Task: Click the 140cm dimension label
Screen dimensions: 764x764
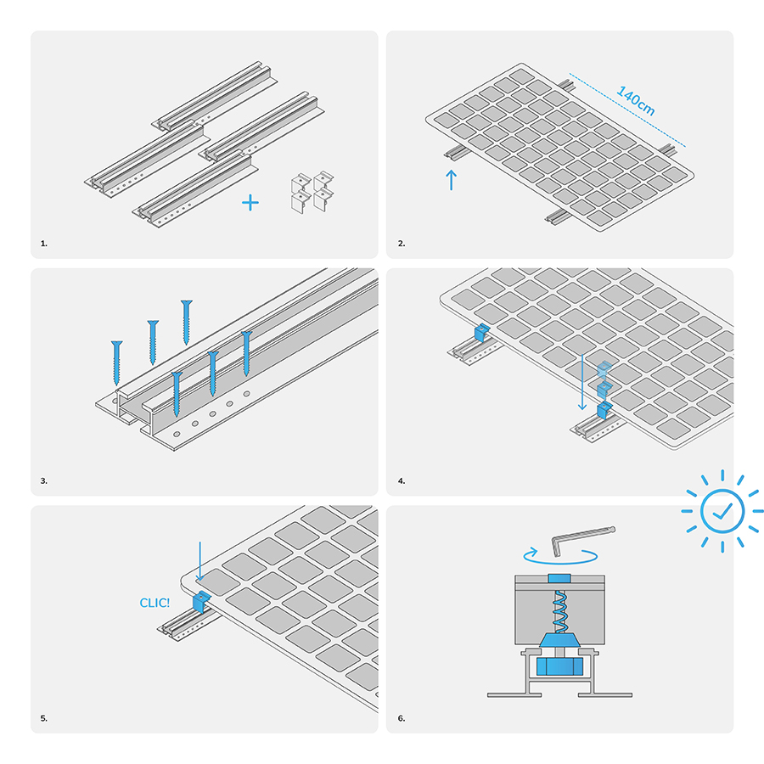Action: pos(636,101)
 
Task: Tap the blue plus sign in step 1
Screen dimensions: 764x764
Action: pos(250,203)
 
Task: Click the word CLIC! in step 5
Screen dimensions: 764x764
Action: pos(154,604)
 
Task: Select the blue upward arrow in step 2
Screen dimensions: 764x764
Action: pos(452,180)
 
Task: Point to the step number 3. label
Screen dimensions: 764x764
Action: pos(44,481)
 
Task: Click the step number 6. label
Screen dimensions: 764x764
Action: pos(402,718)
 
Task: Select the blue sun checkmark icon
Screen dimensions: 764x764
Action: pos(722,511)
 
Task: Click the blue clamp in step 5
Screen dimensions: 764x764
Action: pos(200,601)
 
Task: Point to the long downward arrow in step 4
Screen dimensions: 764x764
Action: pos(581,382)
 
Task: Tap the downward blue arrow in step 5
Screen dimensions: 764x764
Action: pos(199,561)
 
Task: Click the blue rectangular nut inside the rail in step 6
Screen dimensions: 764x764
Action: pos(559,666)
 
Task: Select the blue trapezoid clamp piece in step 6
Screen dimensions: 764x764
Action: pos(559,640)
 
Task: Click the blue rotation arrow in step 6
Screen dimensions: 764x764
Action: pos(560,557)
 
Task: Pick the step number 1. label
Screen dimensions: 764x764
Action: pos(44,244)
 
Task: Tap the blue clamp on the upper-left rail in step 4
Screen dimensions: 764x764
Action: pos(481,332)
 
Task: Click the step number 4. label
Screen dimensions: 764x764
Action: pos(402,481)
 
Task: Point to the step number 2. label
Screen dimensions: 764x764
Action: pos(402,244)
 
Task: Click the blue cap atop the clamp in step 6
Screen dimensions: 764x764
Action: pos(559,578)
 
